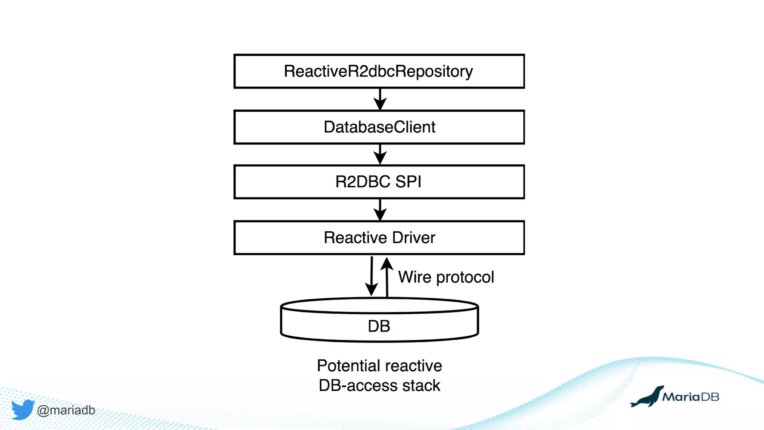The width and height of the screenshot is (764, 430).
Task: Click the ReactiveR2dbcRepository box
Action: (x=379, y=71)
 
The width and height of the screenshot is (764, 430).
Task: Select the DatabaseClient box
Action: (x=379, y=127)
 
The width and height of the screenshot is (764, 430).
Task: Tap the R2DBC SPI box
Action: (x=379, y=182)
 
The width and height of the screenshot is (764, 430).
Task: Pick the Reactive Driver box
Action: (x=379, y=238)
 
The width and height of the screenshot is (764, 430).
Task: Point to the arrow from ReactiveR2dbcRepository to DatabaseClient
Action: (x=380, y=99)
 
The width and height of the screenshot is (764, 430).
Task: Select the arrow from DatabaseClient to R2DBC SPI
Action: (x=380, y=154)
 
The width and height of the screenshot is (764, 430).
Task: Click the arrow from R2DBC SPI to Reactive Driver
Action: (x=380, y=209)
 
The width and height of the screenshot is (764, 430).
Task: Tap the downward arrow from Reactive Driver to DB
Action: (x=371, y=276)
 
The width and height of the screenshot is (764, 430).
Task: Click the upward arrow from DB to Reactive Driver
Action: (x=387, y=276)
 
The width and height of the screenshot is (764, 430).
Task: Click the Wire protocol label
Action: (x=446, y=277)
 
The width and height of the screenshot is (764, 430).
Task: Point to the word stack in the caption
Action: (x=421, y=386)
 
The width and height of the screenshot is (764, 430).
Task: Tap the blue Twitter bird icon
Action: (x=22, y=409)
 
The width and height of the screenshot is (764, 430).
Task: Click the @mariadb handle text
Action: (x=66, y=410)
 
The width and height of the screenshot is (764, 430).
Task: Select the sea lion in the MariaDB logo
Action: (x=647, y=398)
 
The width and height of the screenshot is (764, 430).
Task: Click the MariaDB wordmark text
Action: (x=691, y=397)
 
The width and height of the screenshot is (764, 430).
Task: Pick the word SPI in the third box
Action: (x=408, y=182)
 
